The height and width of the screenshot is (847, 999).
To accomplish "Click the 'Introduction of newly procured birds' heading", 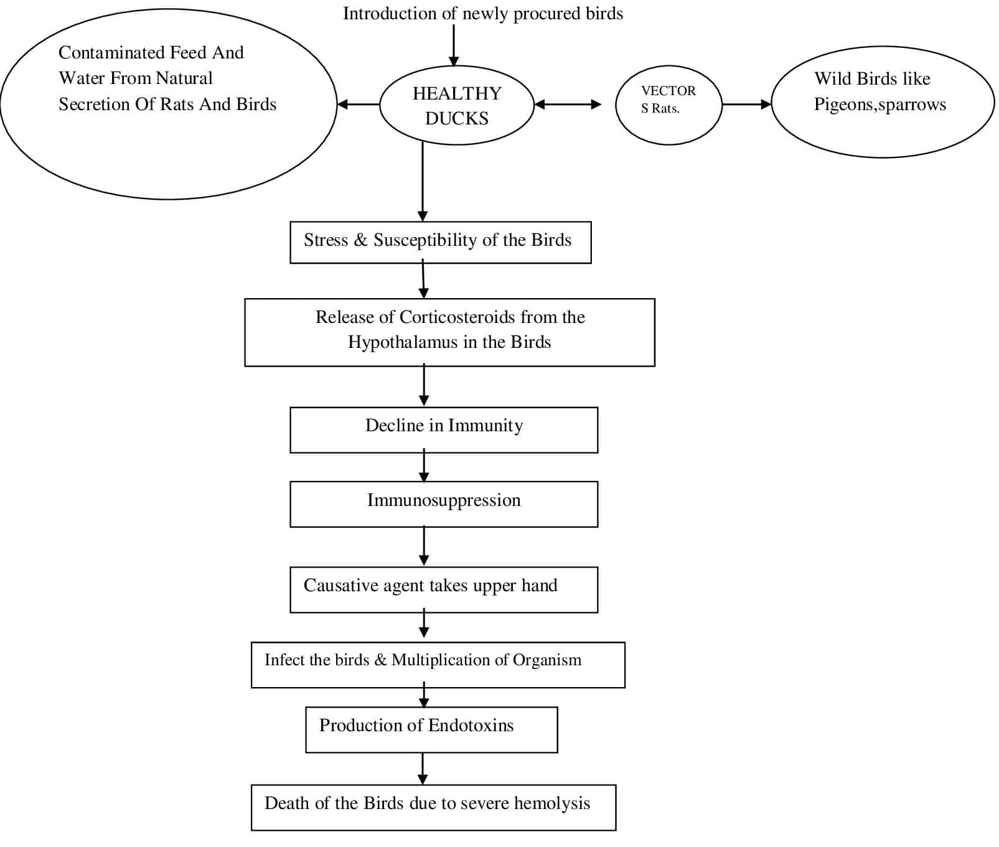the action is [483, 14].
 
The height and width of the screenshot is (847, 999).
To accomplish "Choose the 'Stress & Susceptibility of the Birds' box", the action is [440, 242].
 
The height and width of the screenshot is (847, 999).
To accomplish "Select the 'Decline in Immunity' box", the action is [444, 430].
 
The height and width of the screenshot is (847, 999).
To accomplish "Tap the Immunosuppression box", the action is [444, 504].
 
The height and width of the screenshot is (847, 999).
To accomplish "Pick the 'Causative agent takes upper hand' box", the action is [444, 589].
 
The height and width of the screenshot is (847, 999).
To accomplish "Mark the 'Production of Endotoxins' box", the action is [431, 729].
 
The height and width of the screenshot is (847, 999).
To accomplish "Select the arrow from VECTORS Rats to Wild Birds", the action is [747, 105].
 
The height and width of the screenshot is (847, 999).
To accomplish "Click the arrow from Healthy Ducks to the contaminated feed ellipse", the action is [359, 105].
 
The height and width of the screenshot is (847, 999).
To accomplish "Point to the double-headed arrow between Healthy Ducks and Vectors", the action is [568, 105].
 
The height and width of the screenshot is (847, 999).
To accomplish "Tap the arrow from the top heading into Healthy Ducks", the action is [454, 45].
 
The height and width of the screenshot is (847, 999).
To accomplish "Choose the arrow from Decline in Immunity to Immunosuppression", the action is [424, 466].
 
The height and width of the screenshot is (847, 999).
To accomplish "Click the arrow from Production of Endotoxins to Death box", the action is [423, 769].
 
